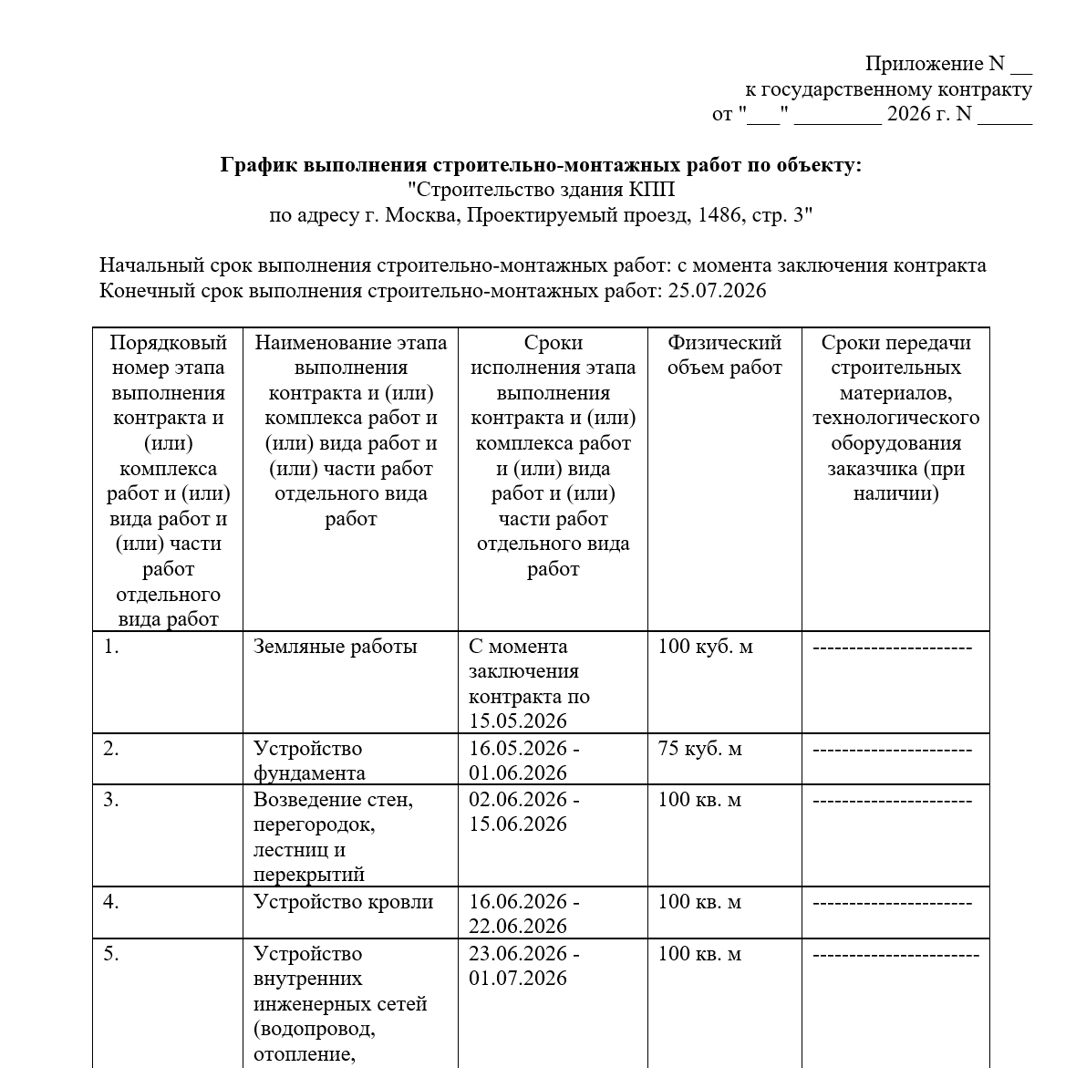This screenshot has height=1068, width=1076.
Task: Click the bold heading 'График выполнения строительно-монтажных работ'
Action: click(x=540, y=165)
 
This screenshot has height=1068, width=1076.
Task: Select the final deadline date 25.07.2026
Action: click(x=717, y=291)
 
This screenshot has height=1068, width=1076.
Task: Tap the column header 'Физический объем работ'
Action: click(x=724, y=356)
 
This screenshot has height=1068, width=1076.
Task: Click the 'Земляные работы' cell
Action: click(x=335, y=647)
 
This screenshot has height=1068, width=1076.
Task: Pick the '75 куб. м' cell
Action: click(x=699, y=749)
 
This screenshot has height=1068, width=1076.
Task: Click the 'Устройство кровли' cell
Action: click(x=343, y=902)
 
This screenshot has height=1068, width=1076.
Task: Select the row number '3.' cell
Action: click(x=111, y=800)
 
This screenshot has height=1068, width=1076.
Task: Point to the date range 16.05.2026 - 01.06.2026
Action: click(x=523, y=761)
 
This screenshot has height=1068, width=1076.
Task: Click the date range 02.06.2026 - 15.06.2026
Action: click(x=523, y=812)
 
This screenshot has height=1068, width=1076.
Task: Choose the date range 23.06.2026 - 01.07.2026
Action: click(x=523, y=966)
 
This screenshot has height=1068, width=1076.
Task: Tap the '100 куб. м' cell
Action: click(x=705, y=647)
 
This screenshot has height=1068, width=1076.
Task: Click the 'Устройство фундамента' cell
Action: click(x=309, y=761)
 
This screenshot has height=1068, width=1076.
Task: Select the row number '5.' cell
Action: click(x=111, y=954)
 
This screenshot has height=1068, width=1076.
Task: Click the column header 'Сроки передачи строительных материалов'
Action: click(x=895, y=418)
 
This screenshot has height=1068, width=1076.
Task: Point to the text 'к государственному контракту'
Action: click(x=888, y=89)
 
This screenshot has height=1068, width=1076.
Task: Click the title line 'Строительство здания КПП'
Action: click(x=541, y=191)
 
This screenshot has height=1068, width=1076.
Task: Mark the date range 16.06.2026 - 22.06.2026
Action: click(x=523, y=914)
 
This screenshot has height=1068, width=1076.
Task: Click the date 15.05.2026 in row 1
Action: click(x=518, y=721)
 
